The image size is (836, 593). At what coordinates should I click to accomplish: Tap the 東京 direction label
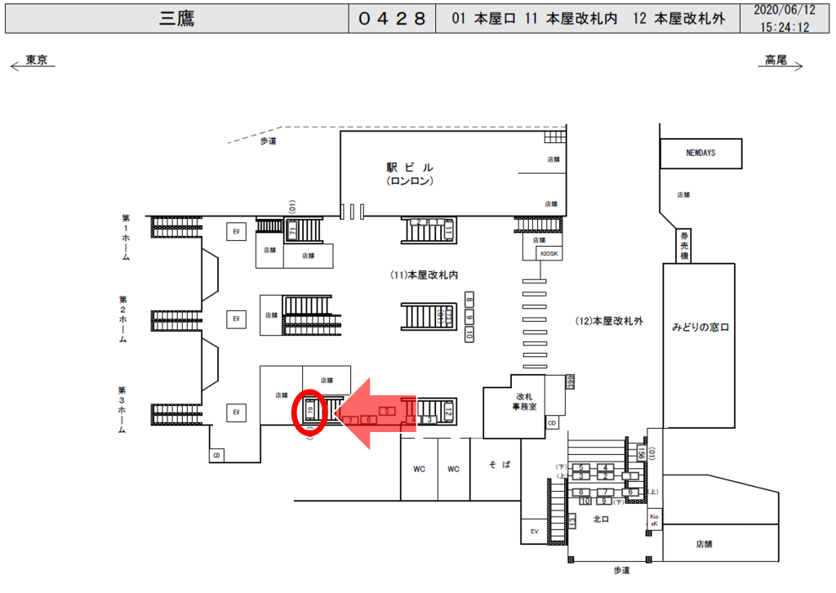click(x=37, y=60)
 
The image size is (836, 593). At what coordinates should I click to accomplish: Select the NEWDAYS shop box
click(x=701, y=153)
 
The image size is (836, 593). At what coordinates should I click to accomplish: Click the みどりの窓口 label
click(x=699, y=327)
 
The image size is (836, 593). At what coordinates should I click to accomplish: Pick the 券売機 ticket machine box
click(x=685, y=246)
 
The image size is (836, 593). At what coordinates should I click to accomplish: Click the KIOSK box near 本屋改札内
click(x=547, y=253)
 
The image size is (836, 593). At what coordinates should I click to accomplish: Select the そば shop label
click(x=500, y=464)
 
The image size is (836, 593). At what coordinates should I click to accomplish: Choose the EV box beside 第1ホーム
click(x=237, y=231)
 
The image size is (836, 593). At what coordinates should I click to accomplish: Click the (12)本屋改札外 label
click(x=609, y=321)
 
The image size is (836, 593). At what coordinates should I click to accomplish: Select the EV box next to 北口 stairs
click(x=535, y=532)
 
